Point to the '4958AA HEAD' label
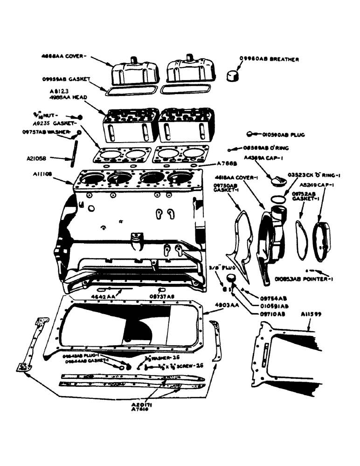point(69,97)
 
